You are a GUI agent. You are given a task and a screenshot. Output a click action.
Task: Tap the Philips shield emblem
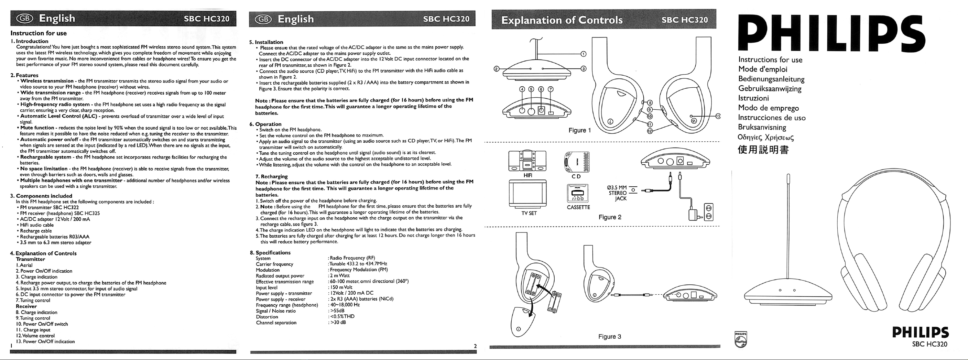[741, 339]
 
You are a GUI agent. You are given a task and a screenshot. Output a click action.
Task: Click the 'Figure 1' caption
[579, 130]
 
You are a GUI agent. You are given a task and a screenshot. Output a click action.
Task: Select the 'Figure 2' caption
[610, 217]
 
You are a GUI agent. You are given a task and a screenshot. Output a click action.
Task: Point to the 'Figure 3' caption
[609, 337]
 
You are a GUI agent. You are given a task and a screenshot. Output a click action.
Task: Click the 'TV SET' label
[529, 213]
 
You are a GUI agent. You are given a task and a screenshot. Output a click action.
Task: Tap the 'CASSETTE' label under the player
[578, 207]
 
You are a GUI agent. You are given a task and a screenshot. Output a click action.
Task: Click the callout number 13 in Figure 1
[718, 116]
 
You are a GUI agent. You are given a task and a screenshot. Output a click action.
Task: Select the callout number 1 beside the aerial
[584, 54]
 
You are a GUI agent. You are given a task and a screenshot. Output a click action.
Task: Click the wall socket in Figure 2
[709, 212]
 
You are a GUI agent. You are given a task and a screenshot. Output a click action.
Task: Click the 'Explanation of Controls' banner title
[562, 20]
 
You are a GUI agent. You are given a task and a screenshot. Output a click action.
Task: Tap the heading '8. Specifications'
[273, 252]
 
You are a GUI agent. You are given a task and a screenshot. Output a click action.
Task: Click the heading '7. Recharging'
[271, 176]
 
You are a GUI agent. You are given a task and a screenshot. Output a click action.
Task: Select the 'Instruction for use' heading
[39, 33]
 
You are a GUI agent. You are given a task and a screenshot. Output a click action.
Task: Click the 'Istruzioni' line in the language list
[753, 98]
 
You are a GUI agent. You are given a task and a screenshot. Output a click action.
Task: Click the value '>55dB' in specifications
[337, 311]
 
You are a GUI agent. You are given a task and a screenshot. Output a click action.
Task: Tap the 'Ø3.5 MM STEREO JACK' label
[617, 193]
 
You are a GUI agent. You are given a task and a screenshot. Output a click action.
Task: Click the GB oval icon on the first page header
[24, 19]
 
